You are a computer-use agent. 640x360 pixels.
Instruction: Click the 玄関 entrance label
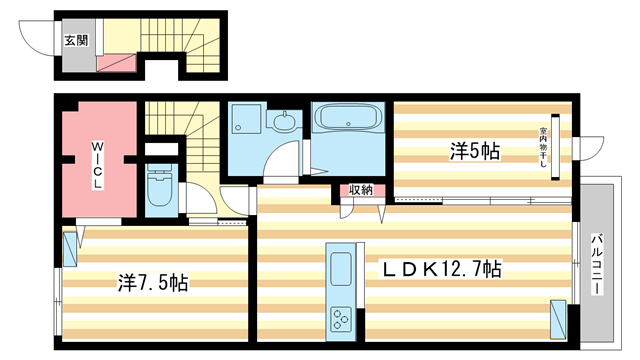[x=75, y=41]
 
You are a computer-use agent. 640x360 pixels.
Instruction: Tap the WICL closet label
[x=98, y=167]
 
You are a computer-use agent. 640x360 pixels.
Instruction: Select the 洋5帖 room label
[x=474, y=151]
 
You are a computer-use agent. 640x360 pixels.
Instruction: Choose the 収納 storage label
[x=361, y=190]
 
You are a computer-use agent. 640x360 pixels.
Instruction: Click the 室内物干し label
[x=544, y=151]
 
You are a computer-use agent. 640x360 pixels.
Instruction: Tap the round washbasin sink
[x=284, y=125]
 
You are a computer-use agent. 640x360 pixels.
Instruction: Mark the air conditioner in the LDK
[x=558, y=318]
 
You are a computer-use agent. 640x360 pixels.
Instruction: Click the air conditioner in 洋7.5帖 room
[x=69, y=249]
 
